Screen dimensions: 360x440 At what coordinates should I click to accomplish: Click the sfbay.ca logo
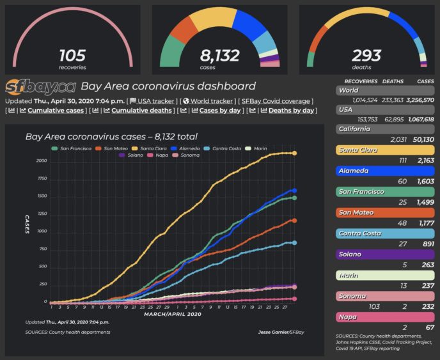[40, 87]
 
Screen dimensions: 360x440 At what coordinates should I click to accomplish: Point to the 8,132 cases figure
[219, 56]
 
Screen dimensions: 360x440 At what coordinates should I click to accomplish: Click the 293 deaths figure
[366, 56]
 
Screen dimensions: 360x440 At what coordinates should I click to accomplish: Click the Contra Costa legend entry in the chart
[226, 148]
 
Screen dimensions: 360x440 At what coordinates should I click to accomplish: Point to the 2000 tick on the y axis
[41, 160]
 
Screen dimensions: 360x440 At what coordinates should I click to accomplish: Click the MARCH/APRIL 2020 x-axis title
[173, 314]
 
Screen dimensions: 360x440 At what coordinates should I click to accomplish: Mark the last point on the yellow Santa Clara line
[294, 153]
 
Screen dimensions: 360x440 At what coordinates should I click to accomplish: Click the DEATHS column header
[393, 82]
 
